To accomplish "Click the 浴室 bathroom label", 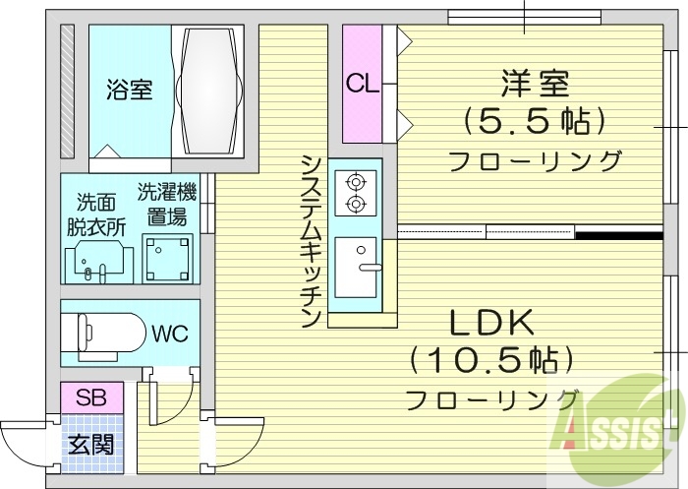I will tap(130, 91).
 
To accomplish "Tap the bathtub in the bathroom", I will tap(208, 90).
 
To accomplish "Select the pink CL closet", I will tap(362, 84).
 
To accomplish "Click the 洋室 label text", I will tap(535, 83).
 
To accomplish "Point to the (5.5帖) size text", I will tap(535, 121).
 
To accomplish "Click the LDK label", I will tap(491, 322).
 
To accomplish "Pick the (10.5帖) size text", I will tap(491, 359).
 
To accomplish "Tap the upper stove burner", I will tap(354, 181).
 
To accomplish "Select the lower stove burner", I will tap(354, 205).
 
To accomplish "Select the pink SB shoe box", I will tap(91, 398).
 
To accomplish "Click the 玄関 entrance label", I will tap(90, 444).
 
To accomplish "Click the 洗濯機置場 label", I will tap(167, 203).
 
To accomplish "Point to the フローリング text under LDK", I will tap(491, 399).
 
